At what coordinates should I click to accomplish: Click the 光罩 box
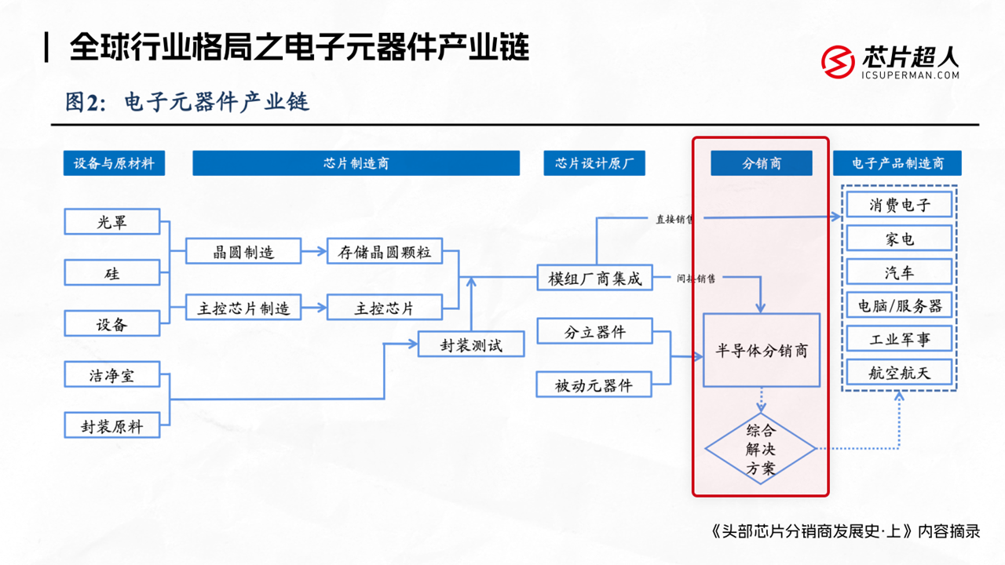pyautogui.click(x=112, y=222)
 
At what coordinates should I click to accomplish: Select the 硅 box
pyautogui.click(x=112, y=273)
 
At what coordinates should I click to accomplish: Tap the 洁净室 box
pyautogui.click(x=112, y=375)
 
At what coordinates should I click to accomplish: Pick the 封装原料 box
pyautogui.click(x=112, y=426)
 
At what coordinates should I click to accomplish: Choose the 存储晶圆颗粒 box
pyautogui.click(x=385, y=252)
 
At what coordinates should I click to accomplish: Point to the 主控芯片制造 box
pyautogui.click(x=244, y=308)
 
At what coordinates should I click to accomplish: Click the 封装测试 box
pyautogui.click(x=471, y=344)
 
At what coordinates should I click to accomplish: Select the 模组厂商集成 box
pyautogui.click(x=595, y=278)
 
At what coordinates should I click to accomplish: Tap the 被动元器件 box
pyautogui.click(x=595, y=385)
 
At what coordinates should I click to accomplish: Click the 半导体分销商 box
pyautogui.click(x=762, y=350)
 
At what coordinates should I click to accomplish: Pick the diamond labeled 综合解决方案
pyautogui.click(x=761, y=449)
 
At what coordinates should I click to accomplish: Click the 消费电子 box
pyautogui.click(x=899, y=205)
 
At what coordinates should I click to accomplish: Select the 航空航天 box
pyautogui.click(x=899, y=372)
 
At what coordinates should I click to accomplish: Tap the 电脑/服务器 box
pyautogui.click(x=899, y=305)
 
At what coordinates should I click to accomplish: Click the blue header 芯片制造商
pyautogui.click(x=356, y=163)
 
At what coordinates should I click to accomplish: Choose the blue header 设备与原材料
pyautogui.click(x=114, y=163)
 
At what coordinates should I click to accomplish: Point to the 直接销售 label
pyautogui.click(x=674, y=220)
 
